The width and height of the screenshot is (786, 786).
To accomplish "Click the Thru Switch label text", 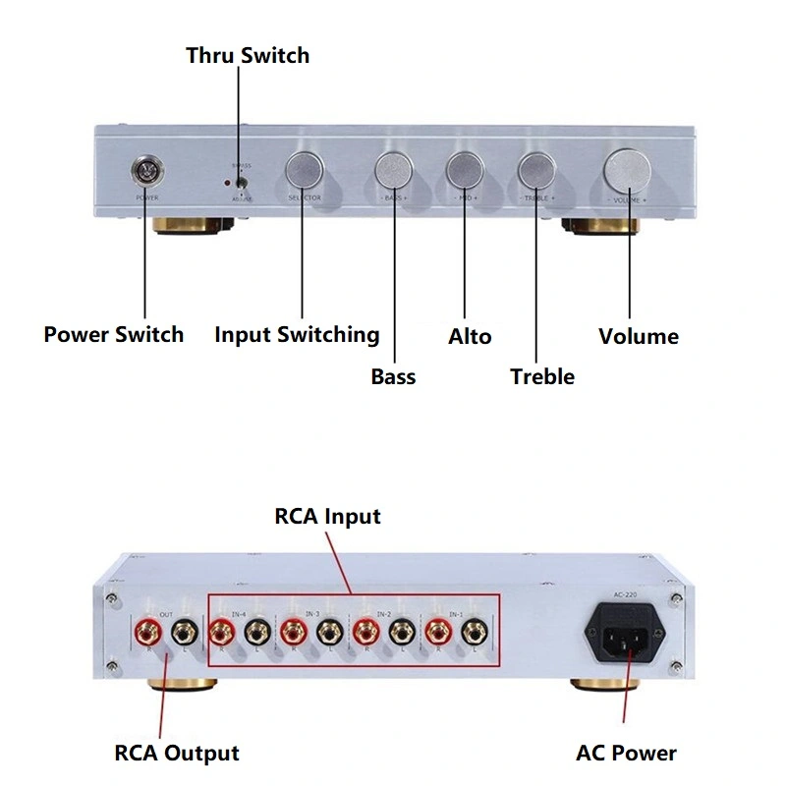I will (x=248, y=55).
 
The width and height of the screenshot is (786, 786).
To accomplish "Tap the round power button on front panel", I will (x=147, y=173).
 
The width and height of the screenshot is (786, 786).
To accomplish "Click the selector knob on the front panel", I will (x=305, y=171).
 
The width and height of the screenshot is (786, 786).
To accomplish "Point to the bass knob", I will (x=394, y=171).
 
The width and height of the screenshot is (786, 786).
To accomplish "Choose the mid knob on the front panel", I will (x=464, y=171).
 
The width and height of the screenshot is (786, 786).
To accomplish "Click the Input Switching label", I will (x=297, y=335).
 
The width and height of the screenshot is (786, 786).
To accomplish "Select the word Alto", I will (x=470, y=336).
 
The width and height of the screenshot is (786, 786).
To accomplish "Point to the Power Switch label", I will (x=113, y=335).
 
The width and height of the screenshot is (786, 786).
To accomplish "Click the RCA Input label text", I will (x=327, y=516).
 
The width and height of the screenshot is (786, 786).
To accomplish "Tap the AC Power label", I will (x=626, y=754).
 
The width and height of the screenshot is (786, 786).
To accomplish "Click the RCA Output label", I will (x=177, y=754).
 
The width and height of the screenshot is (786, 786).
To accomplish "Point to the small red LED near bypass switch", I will (x=228, y=183).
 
